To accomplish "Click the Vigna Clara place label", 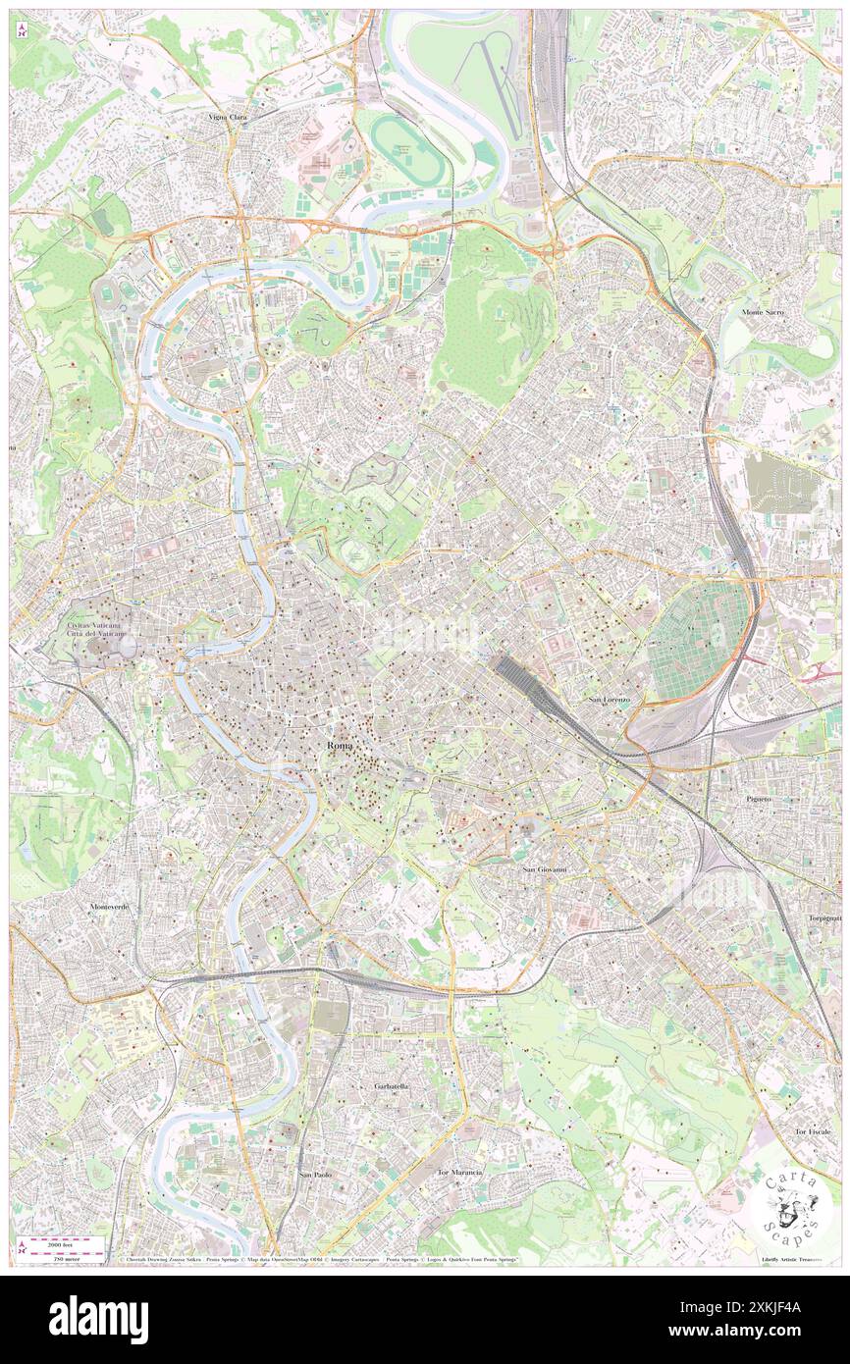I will click(228, 117).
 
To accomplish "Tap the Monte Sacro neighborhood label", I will click(770, 311).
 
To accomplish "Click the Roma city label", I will click(337, 746).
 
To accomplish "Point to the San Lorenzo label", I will click(609, 700).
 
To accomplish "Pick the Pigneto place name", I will click(758, 799).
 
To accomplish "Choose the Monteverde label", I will click(108, 906).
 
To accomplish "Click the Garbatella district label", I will click(391, 1087).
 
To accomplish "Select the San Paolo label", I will click(317, 1174).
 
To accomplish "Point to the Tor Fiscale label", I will click(813, 1131).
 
